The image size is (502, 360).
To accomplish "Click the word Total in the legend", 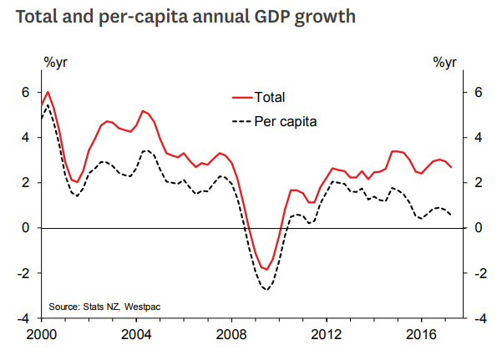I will pos(269,98).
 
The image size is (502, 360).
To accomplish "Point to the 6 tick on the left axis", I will pos(26,92).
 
